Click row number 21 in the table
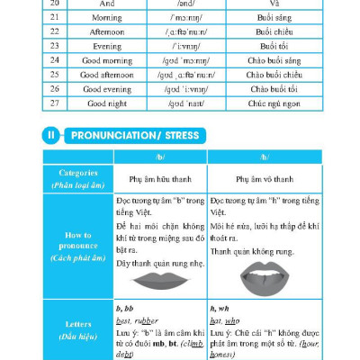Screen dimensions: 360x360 (x=54, y=19)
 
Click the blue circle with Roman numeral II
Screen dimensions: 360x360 (x=51, y=136)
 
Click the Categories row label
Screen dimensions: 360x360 (x=78, y=176)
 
